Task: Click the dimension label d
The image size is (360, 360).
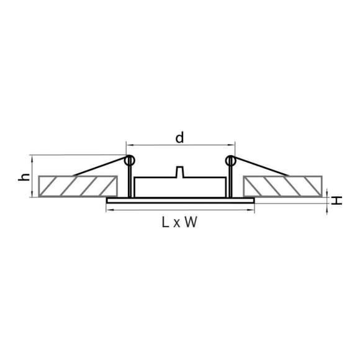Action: click(x=179, y=138)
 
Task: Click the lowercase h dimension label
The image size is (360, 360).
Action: click(x=24, y=177)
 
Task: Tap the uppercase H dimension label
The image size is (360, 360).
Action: click(x=336, y=200)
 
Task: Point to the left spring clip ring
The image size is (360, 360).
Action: click(x=130, y=161)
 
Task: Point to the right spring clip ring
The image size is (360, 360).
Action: click(x=230, y=161)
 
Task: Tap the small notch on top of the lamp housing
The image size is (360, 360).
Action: click(x=180, y=171)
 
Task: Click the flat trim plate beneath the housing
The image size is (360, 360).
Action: click(x=180, y=200)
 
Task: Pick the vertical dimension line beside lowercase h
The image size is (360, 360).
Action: click(x=32, y=176)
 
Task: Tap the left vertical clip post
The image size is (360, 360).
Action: click(x=129, y=183)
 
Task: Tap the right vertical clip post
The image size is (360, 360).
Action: click(x=231, y=183)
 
